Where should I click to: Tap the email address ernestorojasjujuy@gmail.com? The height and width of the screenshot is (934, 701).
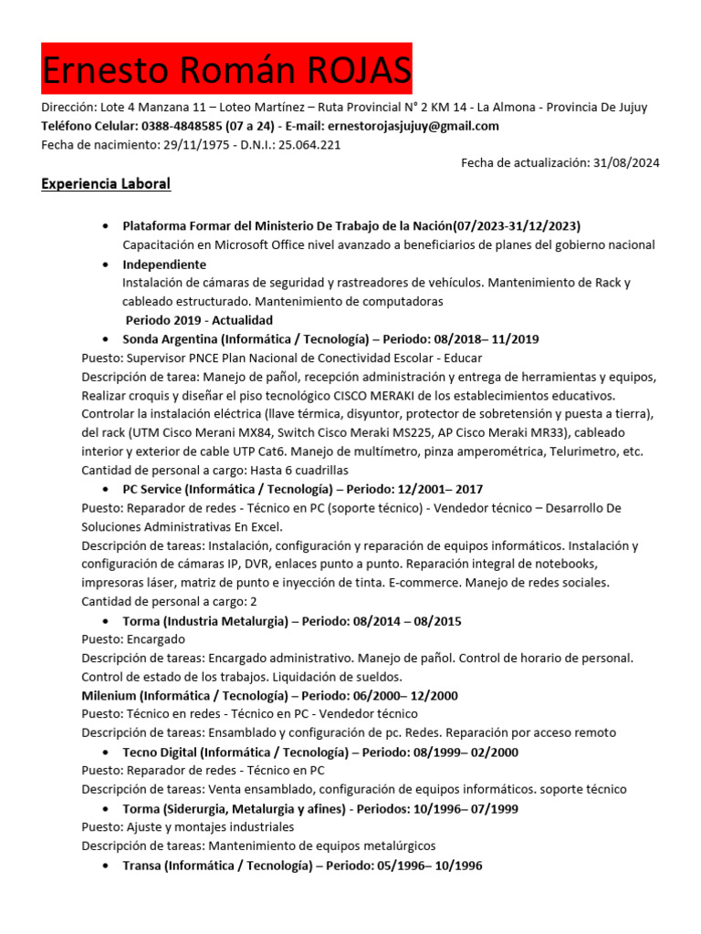pyautogui.click(x=413, y=126)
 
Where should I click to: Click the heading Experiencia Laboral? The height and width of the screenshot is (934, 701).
pyautogui.click(x=106, y=184)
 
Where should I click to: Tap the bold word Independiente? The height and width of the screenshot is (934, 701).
pyautogui.click(x=164, y=265)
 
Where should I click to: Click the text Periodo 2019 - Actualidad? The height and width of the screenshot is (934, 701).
pyautogui.click(x=199, y=320)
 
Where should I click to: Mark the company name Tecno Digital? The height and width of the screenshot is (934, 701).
pyautogui.click(x=159, y=752)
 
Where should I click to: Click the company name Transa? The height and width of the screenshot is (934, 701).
pyautogui.click(x=141, y=865)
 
